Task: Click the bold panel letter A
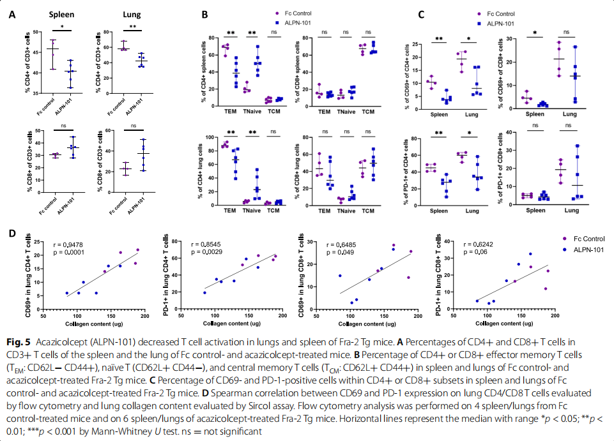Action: [x=13, y=14]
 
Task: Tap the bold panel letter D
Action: [x=13, y=233]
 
